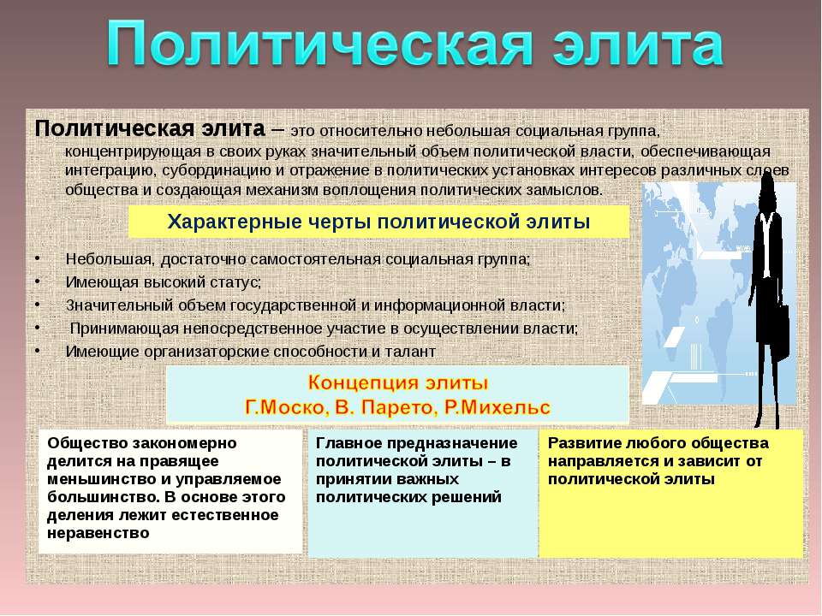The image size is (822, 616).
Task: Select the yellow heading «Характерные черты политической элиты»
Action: pos(378,222)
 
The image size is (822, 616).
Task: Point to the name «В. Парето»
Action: pos(384,407)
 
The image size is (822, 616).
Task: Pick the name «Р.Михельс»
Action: pos(497,407)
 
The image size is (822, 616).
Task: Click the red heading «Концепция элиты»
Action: pos(398,383)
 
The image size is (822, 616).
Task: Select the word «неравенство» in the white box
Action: pos(98,533)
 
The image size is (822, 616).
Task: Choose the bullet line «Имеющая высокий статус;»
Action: pos(163,282)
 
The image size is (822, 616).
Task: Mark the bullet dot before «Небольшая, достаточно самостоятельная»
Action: pos(37,258)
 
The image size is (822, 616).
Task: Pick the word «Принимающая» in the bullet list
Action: pos(124,329)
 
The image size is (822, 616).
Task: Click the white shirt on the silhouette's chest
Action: pos(765,246)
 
